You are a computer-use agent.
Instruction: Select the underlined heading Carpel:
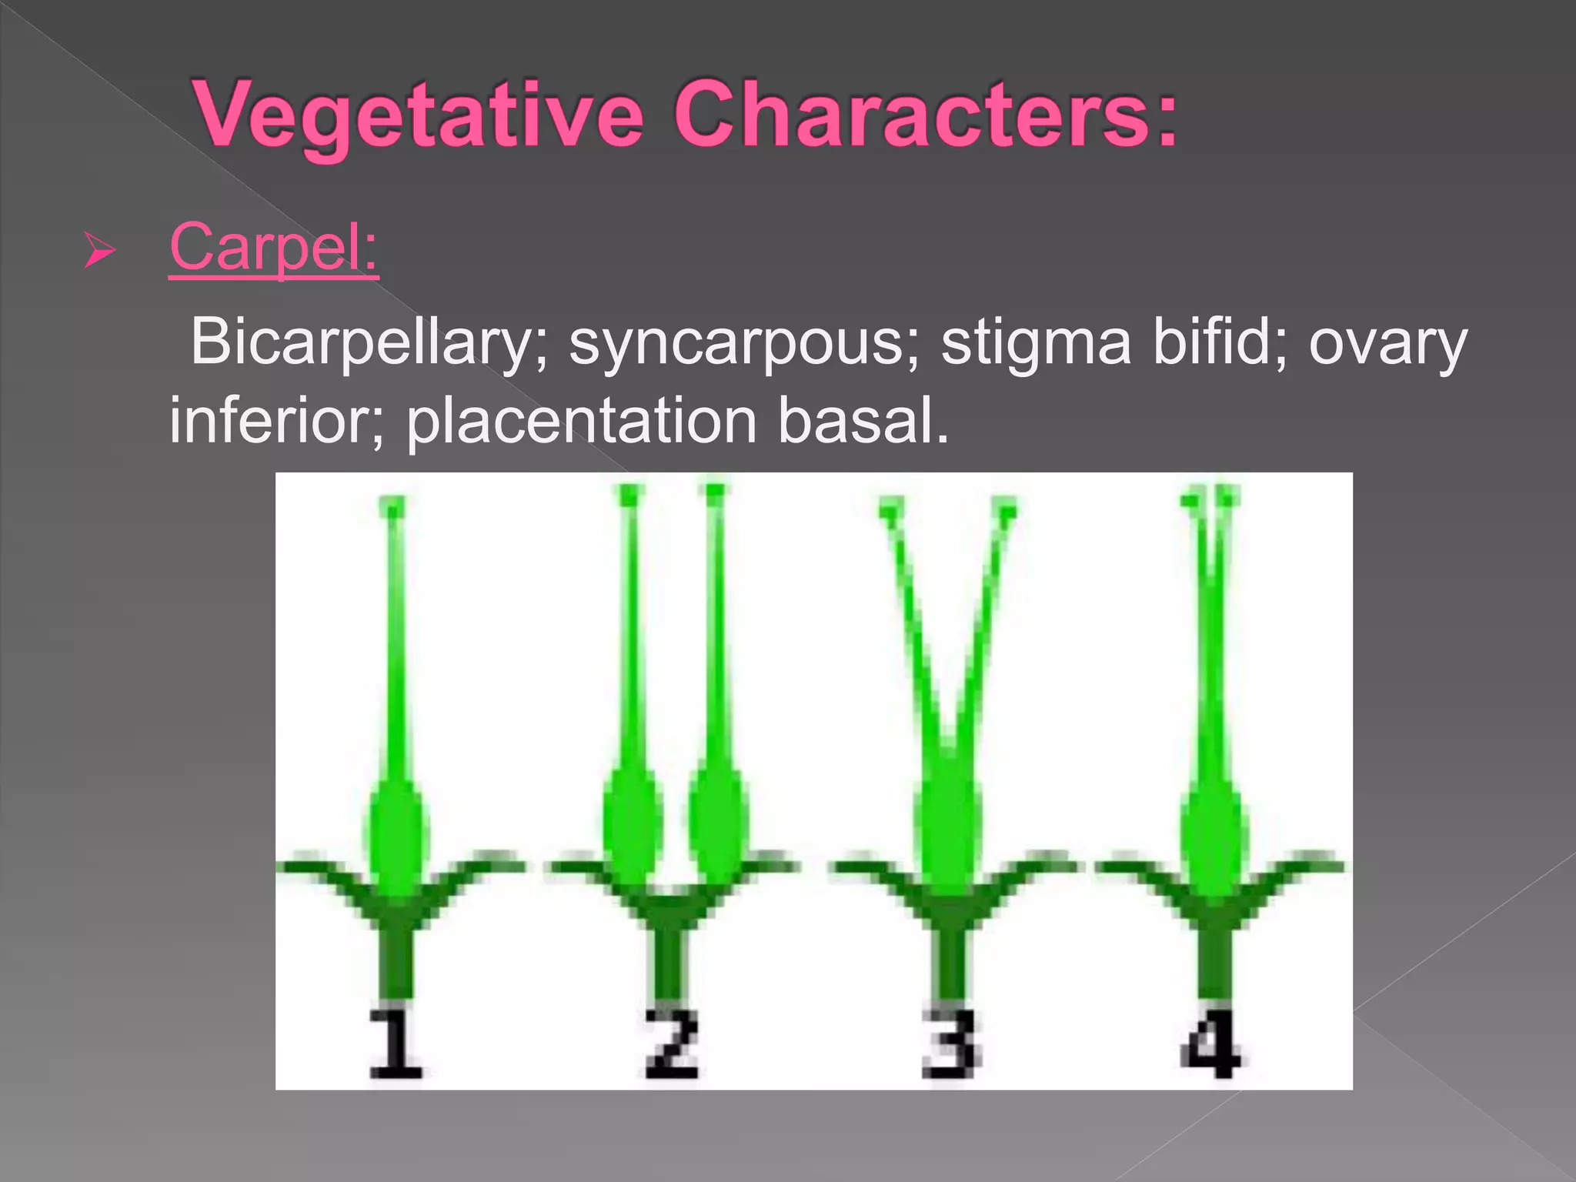(x=274, y=248)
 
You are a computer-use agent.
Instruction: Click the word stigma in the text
(x=1035, y=342)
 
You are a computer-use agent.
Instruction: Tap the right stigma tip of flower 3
(x=1003, y=509)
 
